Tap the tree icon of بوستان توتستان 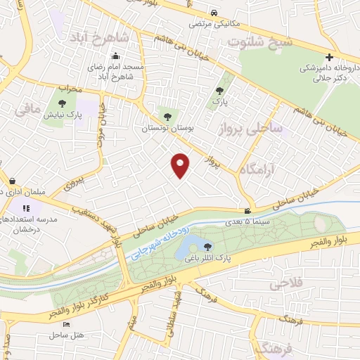[167, 117]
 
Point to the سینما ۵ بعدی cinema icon [247, 211]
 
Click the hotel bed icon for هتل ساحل [66, 324]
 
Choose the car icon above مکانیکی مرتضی [214, 12]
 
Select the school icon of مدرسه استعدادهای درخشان [26, 208]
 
